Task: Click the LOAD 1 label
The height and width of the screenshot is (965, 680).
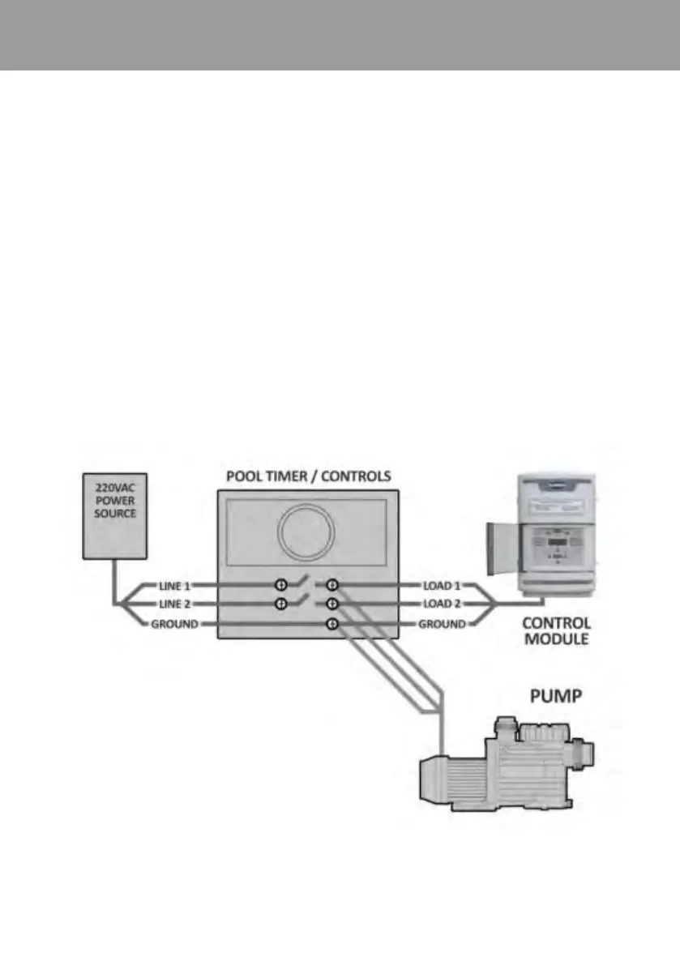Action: [x=441, y=585]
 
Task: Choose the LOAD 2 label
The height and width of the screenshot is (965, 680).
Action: [x=441, y=604]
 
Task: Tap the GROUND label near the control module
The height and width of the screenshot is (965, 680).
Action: [x=442, y=624]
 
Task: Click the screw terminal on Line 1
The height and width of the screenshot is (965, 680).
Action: [x=281, y=585]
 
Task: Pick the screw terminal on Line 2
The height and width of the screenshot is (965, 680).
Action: [x=281, y=604]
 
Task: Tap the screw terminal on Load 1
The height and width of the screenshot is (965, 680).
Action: [x=331, y=585]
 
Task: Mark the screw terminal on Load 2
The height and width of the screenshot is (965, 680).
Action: [x=331, y=604]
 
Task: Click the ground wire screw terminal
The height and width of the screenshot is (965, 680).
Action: [x=331, y=624]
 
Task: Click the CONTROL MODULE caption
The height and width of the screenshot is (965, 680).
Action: [x=556, y=632]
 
